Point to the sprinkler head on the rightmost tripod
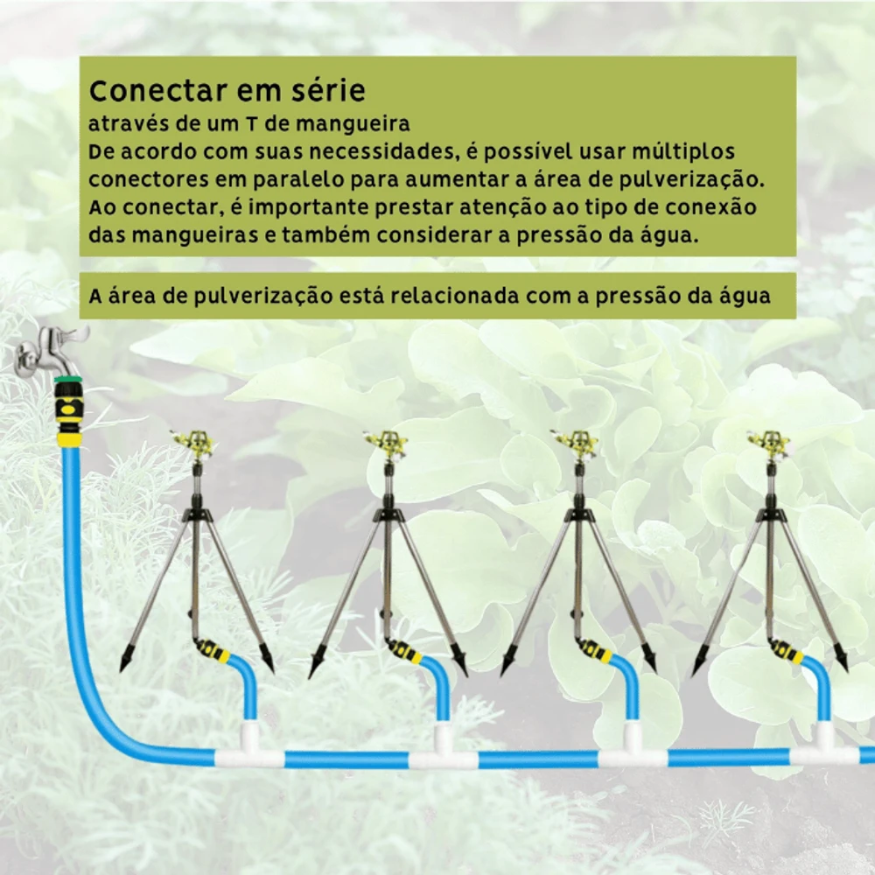[x=769, y=442]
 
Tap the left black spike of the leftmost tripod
[x=125, y=662]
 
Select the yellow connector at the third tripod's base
[x=594, y=650]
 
